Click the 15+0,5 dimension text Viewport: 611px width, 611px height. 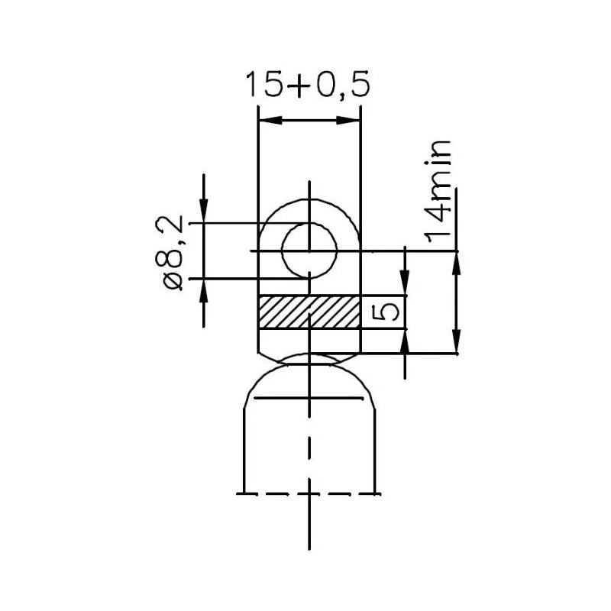[307, 85]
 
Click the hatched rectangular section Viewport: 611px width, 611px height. [309, 312]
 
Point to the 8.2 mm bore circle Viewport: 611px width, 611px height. [309, 250]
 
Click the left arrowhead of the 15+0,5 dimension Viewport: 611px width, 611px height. [267, 120]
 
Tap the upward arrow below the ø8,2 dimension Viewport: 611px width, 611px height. [204, 288]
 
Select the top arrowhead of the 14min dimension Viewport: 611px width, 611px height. [457, 260]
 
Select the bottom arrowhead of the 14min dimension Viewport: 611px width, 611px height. [457, 344]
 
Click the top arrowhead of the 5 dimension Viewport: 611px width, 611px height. [405, 286]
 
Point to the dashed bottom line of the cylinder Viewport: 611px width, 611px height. [308, 493]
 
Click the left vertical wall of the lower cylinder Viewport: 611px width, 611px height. [243, 451]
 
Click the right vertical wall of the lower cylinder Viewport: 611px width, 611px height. [374, 451]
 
